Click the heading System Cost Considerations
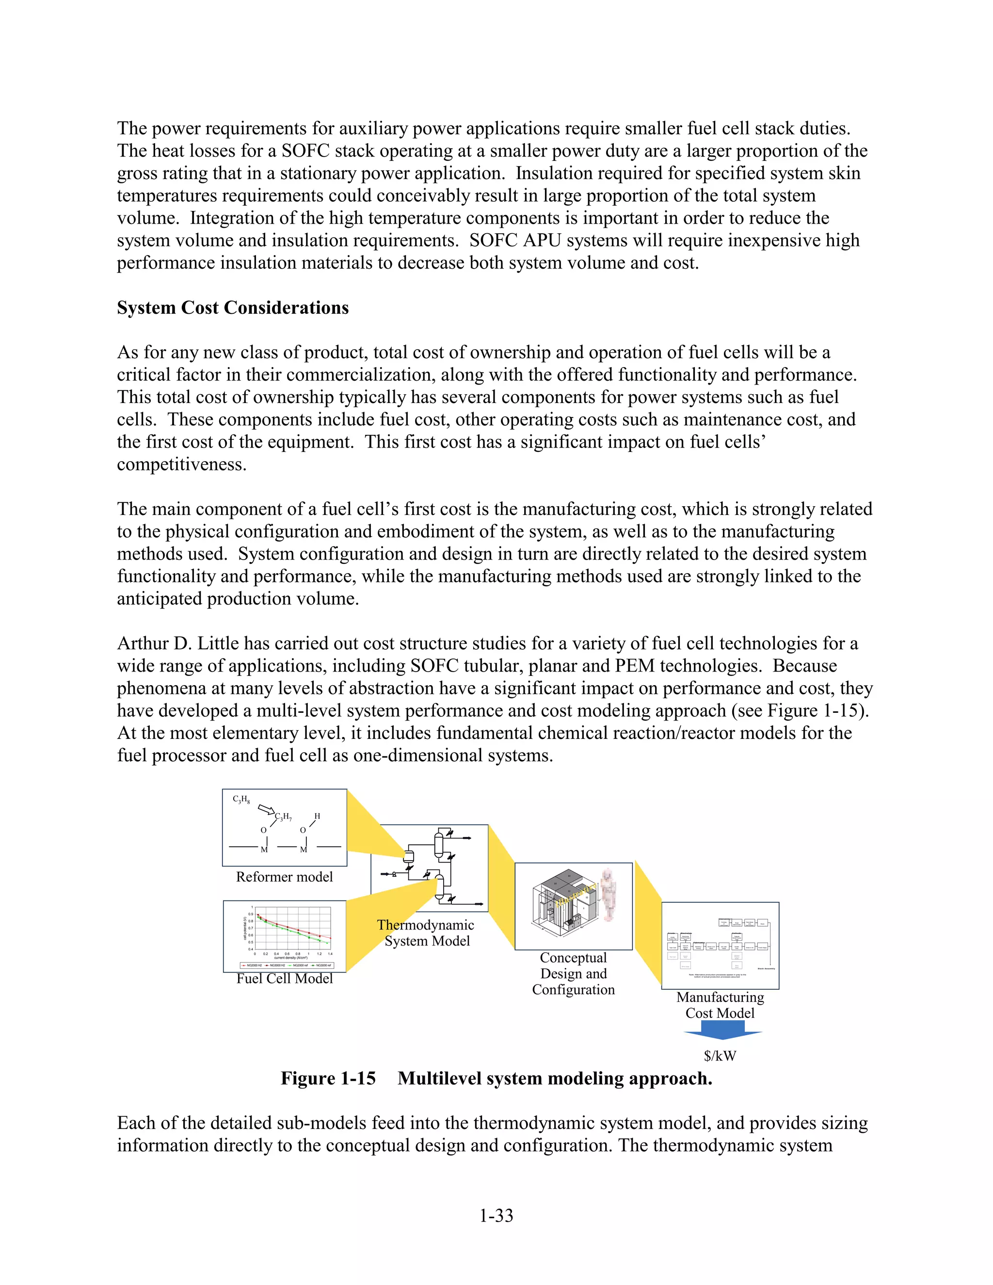[x=232, y=308]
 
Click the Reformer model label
[x=284, y=877]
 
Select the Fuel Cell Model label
[x=284, y=979]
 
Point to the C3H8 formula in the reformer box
[x=241, y=800]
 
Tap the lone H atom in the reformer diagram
[x=317, y=816]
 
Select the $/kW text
[x=720, y=1056]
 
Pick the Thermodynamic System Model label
[x=426, y=933]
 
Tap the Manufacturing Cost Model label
[x=720, y=1005]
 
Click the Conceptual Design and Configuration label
[x=573, y=974]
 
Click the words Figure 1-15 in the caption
[x=328, y=1078]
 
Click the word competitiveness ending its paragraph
[x=181, y=464]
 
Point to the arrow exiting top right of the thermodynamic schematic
[x=466, y=837]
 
